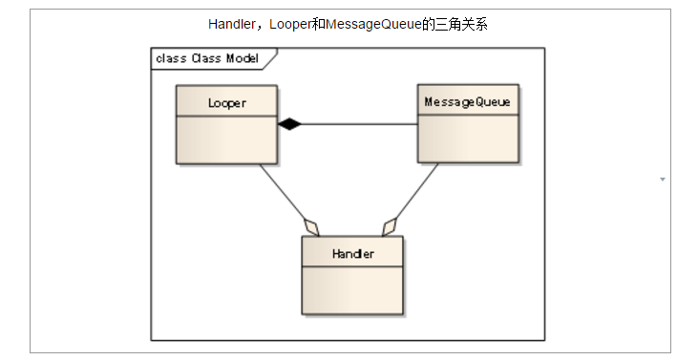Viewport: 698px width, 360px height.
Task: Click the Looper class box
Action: (x=226, y=124)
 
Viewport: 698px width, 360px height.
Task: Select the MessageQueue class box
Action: (x=468, y=124)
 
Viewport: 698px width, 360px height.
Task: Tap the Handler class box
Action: (x=352, y=275)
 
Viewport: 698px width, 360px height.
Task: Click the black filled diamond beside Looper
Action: (x=289, y=124)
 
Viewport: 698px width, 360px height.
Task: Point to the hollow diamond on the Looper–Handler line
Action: (x=312, y=227)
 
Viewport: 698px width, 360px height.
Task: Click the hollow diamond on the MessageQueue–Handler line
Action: (x=389, y=227)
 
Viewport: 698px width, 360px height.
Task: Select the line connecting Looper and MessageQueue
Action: (x=358, y=124)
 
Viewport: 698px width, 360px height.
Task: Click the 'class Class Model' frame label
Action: (x=207, y=58)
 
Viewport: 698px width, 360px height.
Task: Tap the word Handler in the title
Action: (x=232, y=25)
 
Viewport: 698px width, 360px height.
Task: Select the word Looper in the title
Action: (x=289, y=25)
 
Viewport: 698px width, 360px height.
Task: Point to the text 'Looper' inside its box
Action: (x=226, y=103)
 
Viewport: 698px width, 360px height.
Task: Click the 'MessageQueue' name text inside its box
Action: (x=468, y=101)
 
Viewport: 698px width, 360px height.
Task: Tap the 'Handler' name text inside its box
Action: (x=352, y=254)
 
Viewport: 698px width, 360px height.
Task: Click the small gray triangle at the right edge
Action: (x=662, y=179)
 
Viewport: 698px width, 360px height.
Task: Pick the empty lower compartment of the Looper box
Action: (x=226, y=140)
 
